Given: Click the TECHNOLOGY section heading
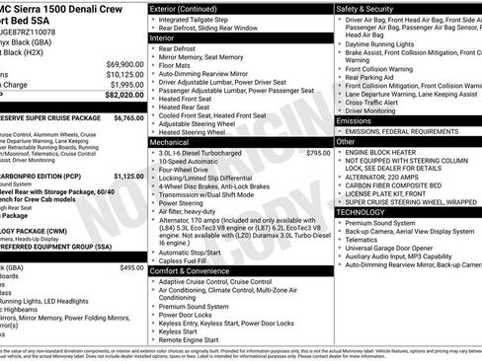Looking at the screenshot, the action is tap(361, 212).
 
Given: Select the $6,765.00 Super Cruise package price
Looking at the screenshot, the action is tap(128, 116).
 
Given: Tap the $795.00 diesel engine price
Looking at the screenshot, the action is tap(318, 153).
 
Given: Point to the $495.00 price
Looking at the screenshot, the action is tap(131, 268).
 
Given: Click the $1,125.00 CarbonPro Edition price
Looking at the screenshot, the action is tap(128, 176).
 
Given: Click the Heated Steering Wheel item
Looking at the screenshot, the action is tap(198, 131).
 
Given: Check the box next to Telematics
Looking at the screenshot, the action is tap(339, 241).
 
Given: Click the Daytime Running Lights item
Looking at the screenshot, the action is tap(387, 43).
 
